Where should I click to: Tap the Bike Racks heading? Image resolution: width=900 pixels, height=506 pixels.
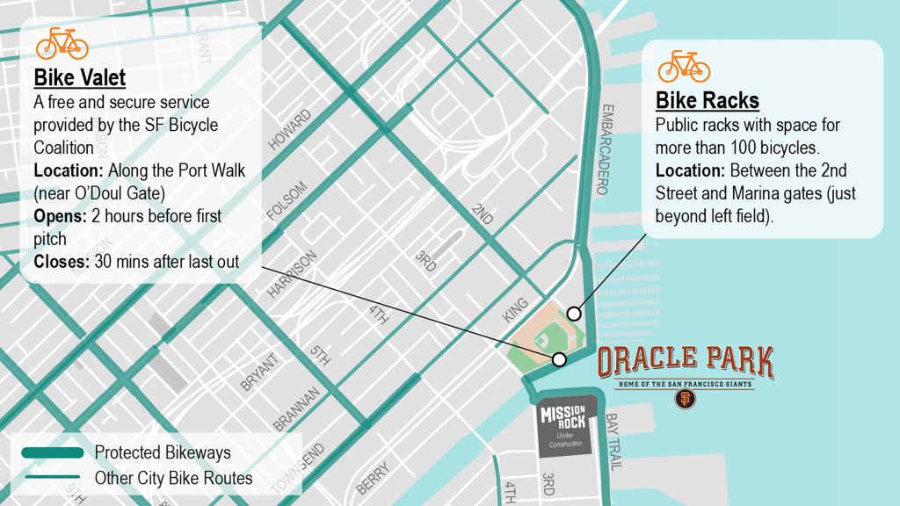point(708,100)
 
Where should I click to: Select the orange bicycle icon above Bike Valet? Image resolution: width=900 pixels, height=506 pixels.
point(62,42)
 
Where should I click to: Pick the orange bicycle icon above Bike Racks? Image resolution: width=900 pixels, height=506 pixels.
point(684,66)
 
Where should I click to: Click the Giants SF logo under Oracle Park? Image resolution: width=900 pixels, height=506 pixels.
point(686,399)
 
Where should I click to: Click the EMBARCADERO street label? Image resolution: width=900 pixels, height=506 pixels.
point(604,149)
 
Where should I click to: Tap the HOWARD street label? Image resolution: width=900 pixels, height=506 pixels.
point(290,129)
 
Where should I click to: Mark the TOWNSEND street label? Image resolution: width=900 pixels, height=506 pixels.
point(298,467)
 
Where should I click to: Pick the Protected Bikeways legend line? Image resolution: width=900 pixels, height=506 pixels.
point(54,452)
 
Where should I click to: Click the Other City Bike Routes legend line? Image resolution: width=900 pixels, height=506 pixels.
point(54,478)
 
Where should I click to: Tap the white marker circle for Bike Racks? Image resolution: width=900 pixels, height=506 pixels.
point(574,314)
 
